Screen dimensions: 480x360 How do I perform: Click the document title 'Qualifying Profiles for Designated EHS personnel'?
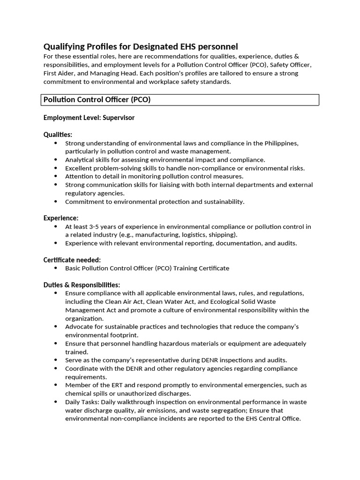click(x=141, y=46)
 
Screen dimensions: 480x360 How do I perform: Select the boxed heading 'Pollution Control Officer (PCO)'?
click(x=97, y=100)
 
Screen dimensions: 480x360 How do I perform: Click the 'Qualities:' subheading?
click(x=58, y=135)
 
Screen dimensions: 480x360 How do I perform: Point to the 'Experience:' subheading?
click(x=61, y=218)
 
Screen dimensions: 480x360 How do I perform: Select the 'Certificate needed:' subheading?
click(x=72, y=260)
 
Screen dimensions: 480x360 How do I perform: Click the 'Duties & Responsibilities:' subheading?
click(x=82, y=285)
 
